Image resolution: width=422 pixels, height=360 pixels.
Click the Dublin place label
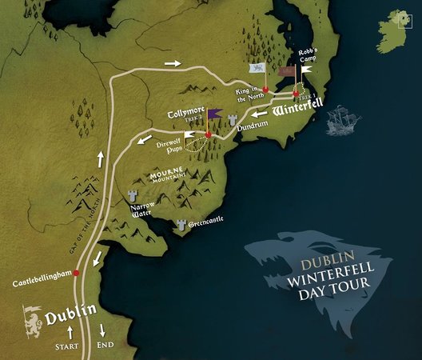(71, 314)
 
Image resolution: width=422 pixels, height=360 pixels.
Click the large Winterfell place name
(296, 114)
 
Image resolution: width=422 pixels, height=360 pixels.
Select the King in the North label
(249, 98)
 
